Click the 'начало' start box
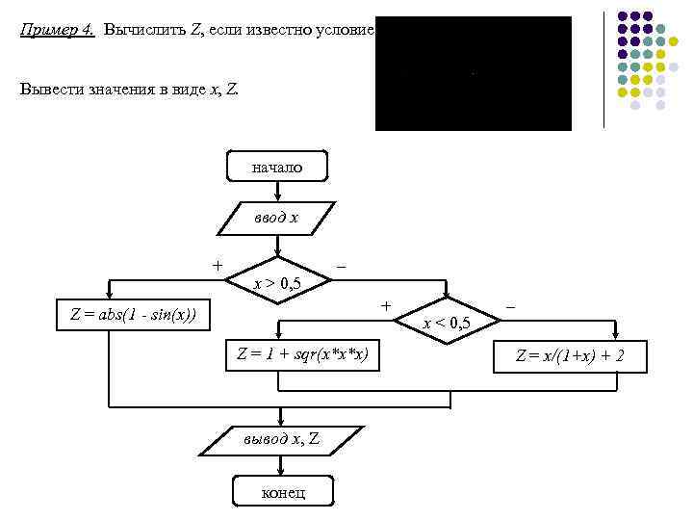pos(277,167)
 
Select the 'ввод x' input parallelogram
pos(277,218)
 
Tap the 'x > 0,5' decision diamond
pos(277,282)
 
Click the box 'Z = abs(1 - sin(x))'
pos(134,314)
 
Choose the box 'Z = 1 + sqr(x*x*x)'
pos(302,353)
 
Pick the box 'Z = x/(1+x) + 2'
pos(570,356)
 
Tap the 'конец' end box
pos(283,492)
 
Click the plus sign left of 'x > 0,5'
pos(218,264)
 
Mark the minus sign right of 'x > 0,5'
pos(342,264)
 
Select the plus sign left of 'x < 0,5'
pos(386,305)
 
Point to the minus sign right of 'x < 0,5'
pos(511,305)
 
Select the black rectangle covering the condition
pos(473,73)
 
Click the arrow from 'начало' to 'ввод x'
pos(277,191)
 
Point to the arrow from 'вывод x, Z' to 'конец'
pos(280,466)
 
